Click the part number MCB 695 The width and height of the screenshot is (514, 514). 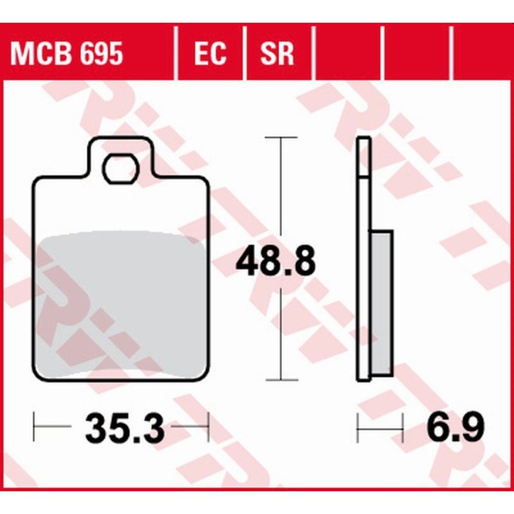65,53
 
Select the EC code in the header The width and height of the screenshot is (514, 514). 209,53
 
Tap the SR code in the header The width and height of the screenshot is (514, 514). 277,53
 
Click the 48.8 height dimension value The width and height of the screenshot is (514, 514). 275,263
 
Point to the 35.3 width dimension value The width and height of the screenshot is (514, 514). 125,428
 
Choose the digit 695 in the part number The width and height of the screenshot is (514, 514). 100,53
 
